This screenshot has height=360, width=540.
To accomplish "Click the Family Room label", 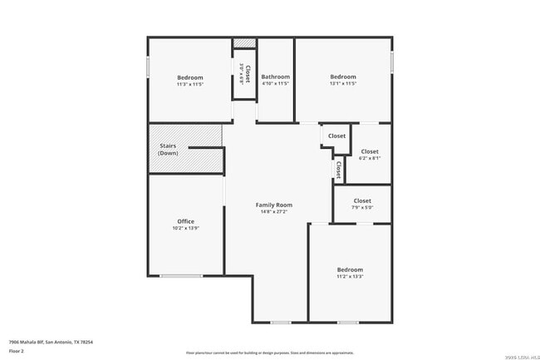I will [x=273, y=205].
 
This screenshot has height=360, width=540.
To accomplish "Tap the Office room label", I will [x=185, y=221].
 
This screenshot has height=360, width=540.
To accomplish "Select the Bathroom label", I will [x=276, y=76].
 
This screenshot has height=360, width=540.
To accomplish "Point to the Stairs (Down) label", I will [x=168, y=150].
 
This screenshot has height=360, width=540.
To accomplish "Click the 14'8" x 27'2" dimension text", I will [x=273, y=212].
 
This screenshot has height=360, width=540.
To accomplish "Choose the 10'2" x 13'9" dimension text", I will [x=185, y=229].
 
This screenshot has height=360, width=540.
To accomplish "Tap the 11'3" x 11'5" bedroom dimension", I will [x=189, y=84].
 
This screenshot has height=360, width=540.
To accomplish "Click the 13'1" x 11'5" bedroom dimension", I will [x=343, y=84].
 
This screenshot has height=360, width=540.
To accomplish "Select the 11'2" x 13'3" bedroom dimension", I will [x=350, y=277].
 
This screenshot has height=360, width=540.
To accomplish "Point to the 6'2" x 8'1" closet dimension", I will [x=370, y=159].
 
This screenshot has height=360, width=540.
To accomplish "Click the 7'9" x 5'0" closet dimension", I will [x=362, y=208].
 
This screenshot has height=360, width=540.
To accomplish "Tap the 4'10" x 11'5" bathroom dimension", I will [x=276, y=84].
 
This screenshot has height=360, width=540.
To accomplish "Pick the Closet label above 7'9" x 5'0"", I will [x=362, y=200].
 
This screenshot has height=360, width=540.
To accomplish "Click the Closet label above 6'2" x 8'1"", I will [x=370, y=151].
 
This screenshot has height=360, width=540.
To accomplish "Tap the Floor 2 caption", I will [x=17, y=351].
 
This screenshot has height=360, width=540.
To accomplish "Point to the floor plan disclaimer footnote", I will [x=270, y=353].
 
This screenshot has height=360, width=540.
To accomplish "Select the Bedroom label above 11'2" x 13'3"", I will [x=350, y=269].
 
